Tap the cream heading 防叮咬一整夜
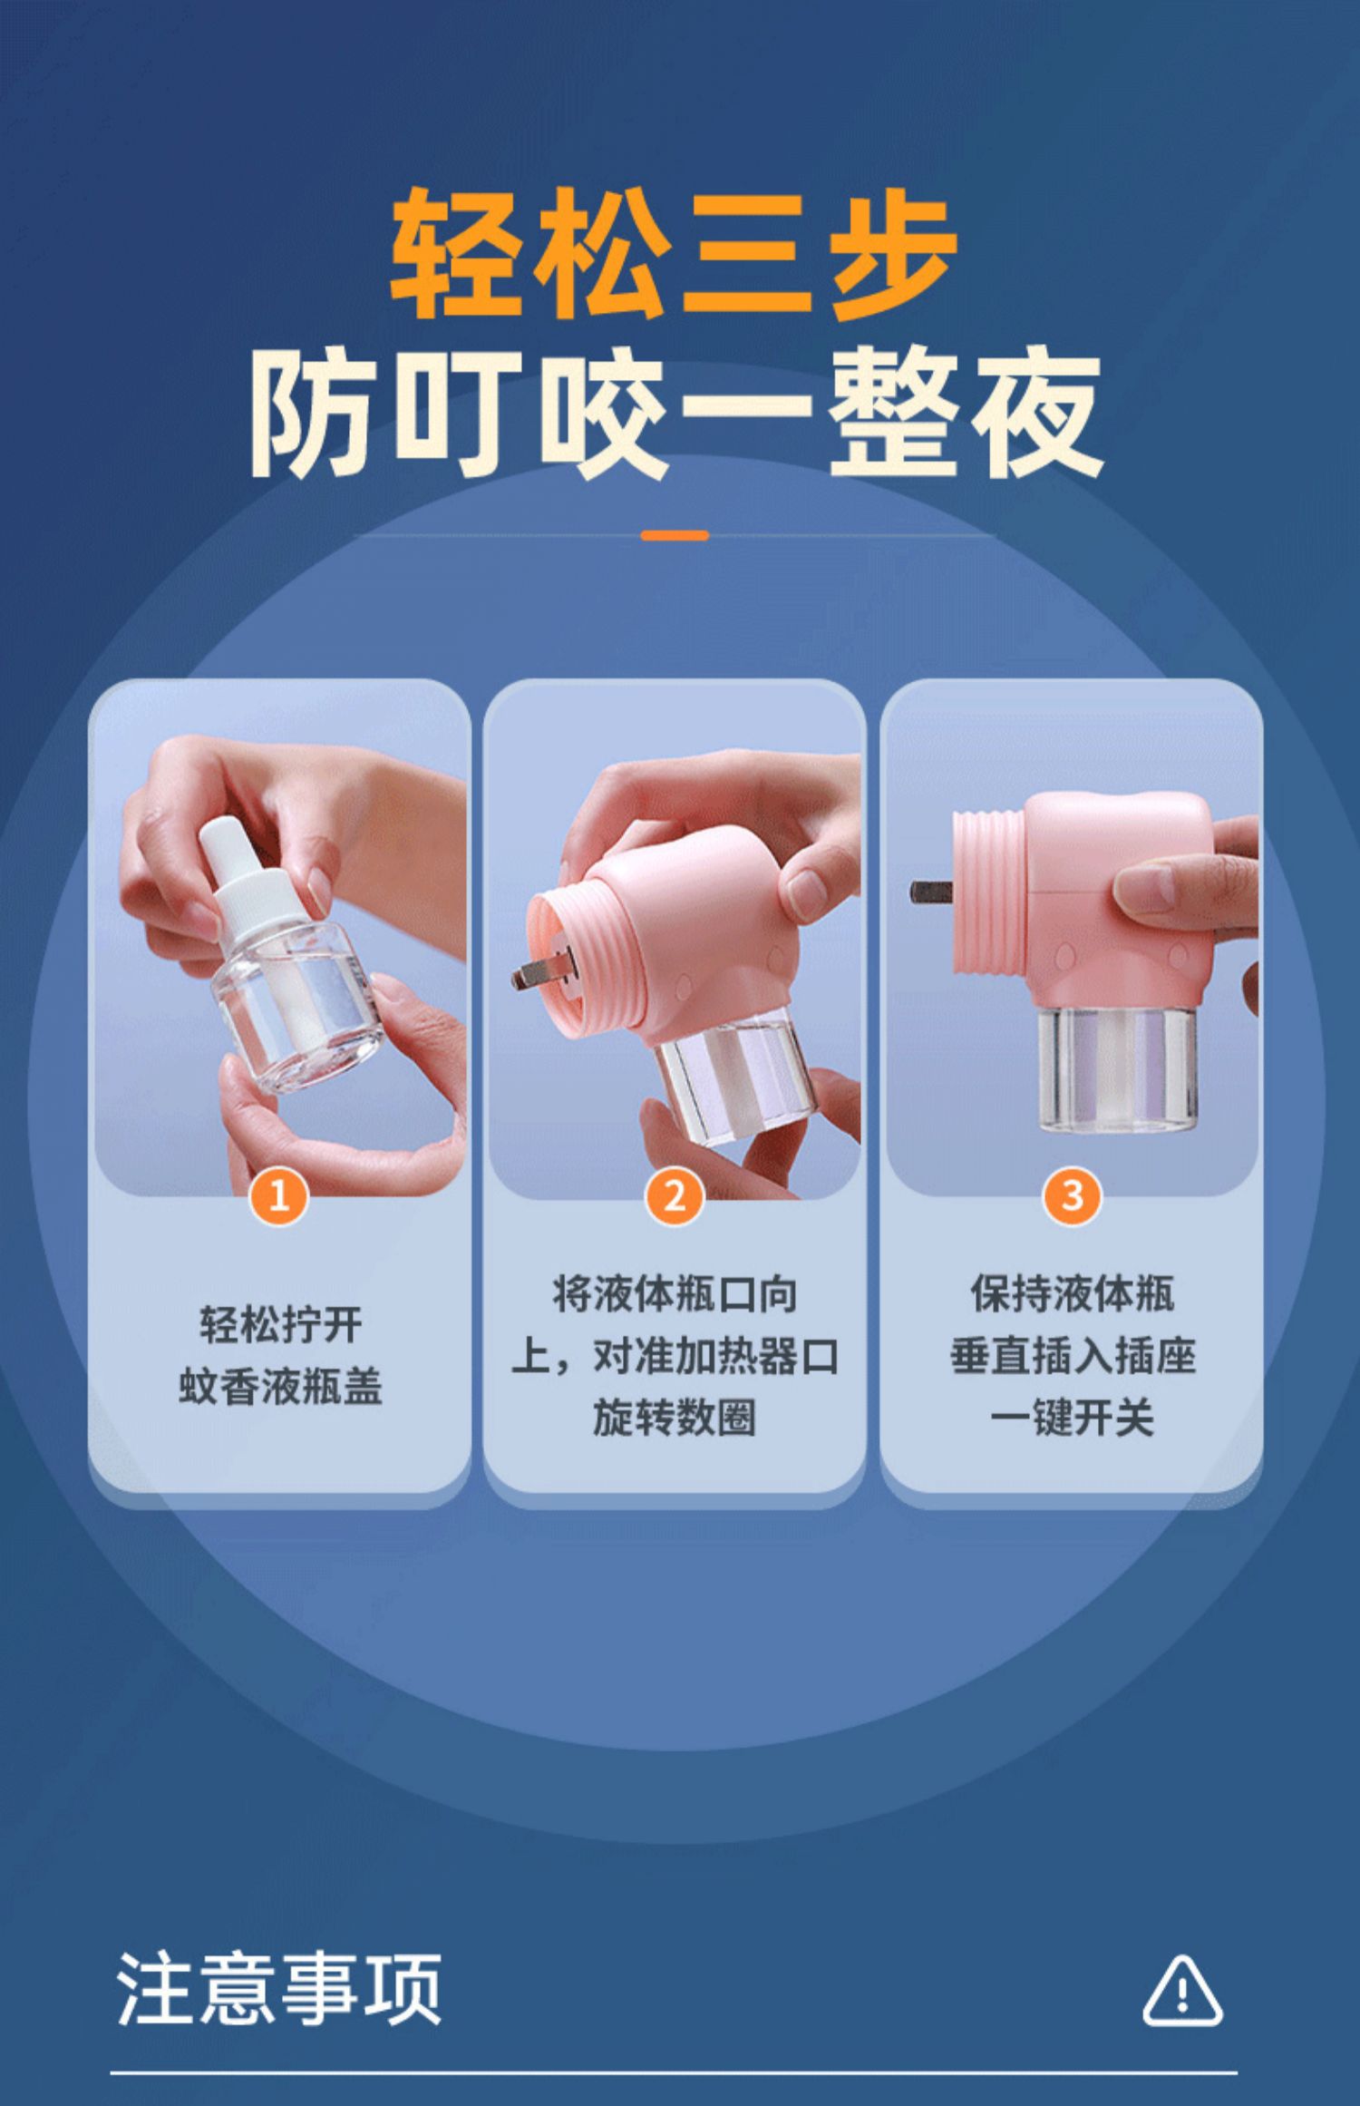coord(676,414)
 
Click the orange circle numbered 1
coord(279,1197)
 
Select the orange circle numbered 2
coord(675,1197)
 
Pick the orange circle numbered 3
coord(1072,1197)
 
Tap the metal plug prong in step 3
coord(931,892)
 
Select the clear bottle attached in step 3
coord(1117,1067)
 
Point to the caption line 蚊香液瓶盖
coord(280,1388)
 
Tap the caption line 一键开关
coord(1072,1419)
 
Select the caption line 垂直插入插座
coord(1073,1357)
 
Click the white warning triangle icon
coord(1182,1991)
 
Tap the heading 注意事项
coord(279,1988)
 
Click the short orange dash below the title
coord(675,536)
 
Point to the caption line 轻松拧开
coord(281,1326)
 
